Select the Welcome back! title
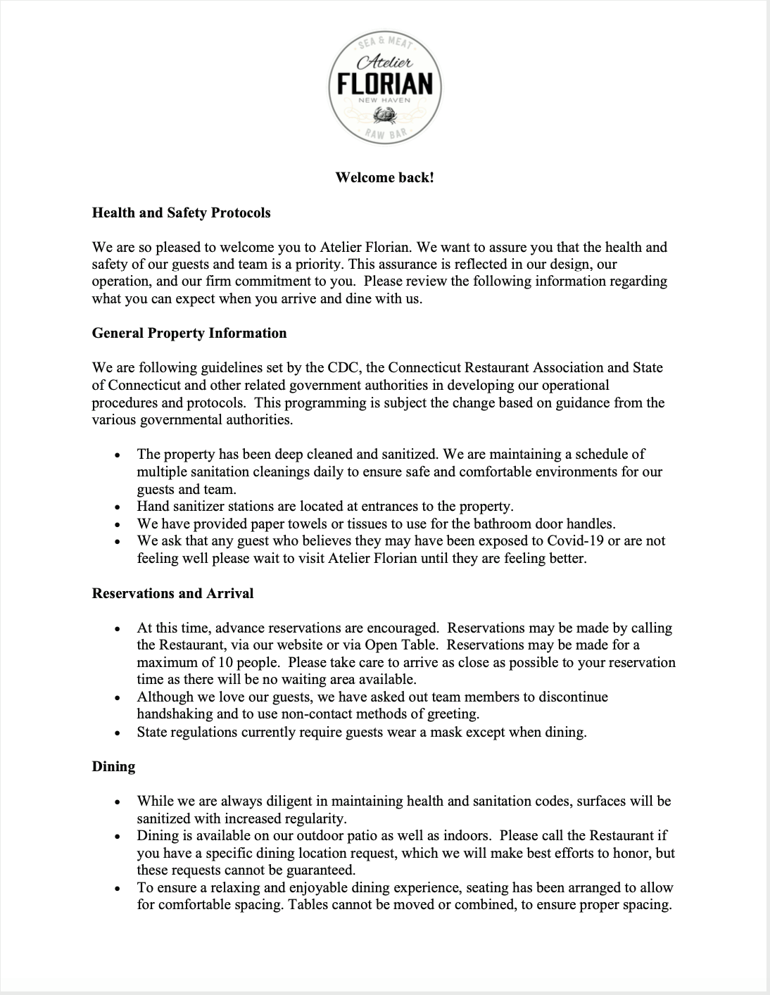(x=384, y=177)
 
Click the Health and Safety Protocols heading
(x=181, y=213)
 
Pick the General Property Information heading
(x=189, y=333)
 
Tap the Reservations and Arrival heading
(x=172, y=593)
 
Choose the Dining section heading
(x=113, y=766)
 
